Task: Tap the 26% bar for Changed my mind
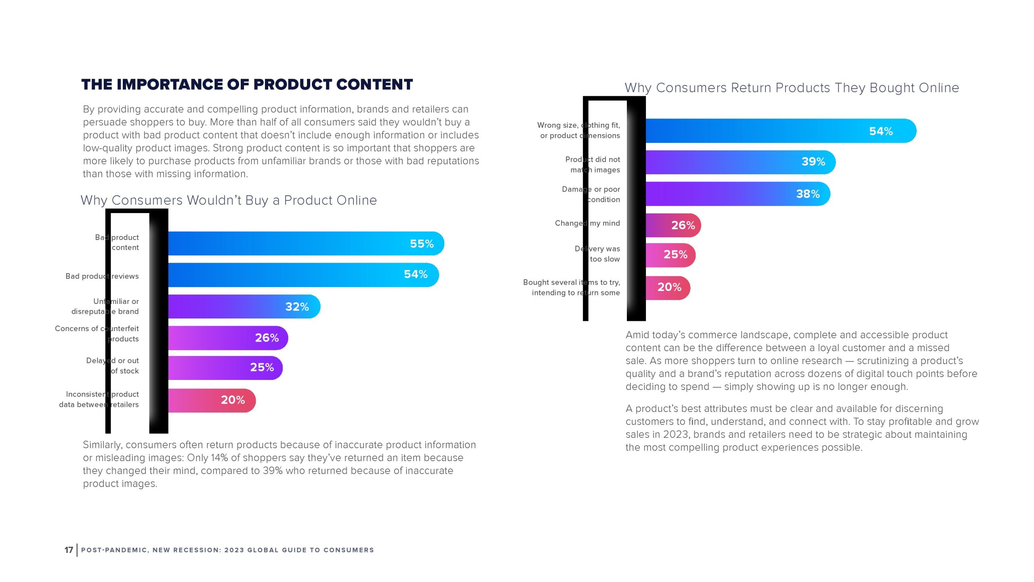point(673,225)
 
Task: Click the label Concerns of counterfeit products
point(97,333)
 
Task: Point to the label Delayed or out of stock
point(112,365)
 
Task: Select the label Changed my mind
point(587,223)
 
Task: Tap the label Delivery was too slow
point(597,254)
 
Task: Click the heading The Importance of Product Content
point(247,84)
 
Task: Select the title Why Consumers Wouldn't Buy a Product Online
point(229,200)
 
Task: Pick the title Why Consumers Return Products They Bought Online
point(792,88)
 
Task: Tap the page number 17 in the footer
point(69,550)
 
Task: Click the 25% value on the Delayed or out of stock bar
point(262,367)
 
